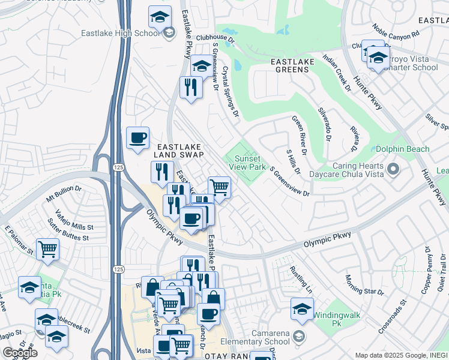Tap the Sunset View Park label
click(246, 163)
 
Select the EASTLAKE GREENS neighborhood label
click(290, 65)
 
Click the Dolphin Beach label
click(403, 149)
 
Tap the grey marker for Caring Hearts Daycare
click(394, 170)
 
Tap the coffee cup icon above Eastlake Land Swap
click(137, 139)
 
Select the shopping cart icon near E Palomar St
click(47, 249)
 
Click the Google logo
click(20, 353)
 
